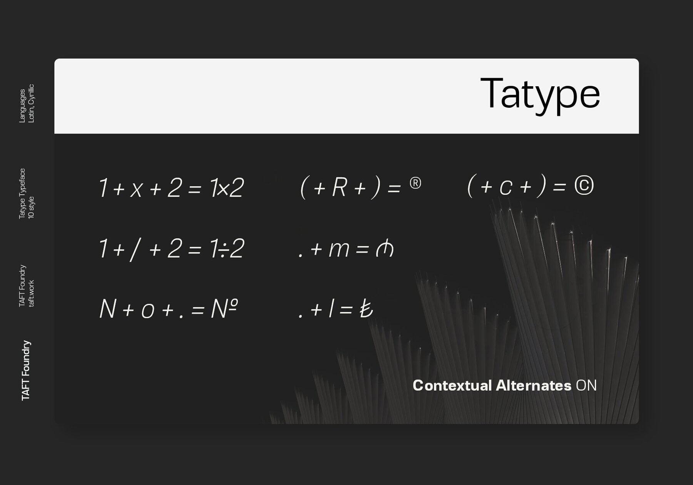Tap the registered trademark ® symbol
(415, 183)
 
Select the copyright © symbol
(584, 186)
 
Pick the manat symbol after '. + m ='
(385, 249)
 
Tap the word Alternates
(533, 385)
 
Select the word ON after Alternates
(586, 385)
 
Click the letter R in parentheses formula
(339, 187)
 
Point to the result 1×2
(227, 188)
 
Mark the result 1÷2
(227, 248)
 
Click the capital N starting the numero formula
(108, 309)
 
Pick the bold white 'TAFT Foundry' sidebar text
(26, 370)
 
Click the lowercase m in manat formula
(339, 249)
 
